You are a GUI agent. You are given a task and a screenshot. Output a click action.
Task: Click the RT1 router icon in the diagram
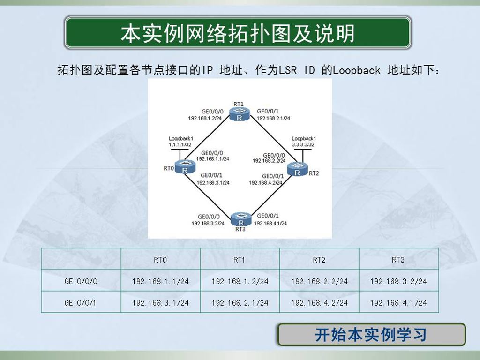[x=240, y=114]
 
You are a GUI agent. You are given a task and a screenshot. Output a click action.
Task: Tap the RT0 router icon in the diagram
[x=185, y=167]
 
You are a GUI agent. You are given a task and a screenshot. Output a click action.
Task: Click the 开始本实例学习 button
[x=371, y=335]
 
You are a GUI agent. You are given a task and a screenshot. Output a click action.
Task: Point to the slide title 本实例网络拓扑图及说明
[x=238, y=33]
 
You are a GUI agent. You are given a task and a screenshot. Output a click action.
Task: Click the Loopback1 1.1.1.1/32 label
[x=180, y=142]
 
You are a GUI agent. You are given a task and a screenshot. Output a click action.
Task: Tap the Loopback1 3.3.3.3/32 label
[x=303, y=142]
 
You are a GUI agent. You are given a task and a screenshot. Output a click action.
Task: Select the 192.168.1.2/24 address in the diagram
[x=205, y=118]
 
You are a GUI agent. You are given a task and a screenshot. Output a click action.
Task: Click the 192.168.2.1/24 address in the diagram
[x=273, y=118]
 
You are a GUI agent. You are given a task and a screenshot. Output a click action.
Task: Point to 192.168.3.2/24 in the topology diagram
[x=208, y=224]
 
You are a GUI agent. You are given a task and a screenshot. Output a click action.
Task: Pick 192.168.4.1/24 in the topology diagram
[x=270, y=224]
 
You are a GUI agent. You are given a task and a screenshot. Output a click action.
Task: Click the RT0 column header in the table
[x=160, y=260]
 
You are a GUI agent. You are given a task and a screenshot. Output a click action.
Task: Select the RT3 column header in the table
[x=398, y=260]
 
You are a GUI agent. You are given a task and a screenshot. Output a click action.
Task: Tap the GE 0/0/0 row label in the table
[x=81, y=281]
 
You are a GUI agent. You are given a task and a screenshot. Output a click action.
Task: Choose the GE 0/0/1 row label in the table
[x=80, y=303]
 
